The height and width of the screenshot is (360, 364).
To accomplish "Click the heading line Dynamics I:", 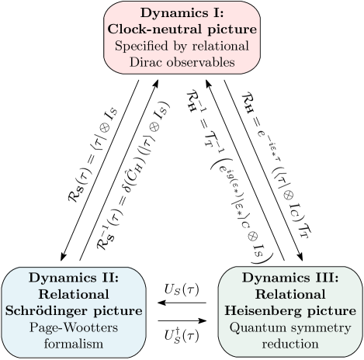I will pyautogui.click(x=182, y=13).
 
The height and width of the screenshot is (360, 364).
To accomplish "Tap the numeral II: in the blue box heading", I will pyautogui.click(x=106, y=278).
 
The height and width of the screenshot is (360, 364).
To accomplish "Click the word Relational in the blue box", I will pyautogui.click(x=73, y=294).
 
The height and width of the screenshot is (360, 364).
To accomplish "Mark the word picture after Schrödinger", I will pyautogui.click(x=119, y=310).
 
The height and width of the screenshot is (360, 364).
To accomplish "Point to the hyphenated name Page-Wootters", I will pyautogui.click(x=73, y=327).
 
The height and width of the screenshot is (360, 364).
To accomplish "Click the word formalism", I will pyautogui.click(x=73, y=343).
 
